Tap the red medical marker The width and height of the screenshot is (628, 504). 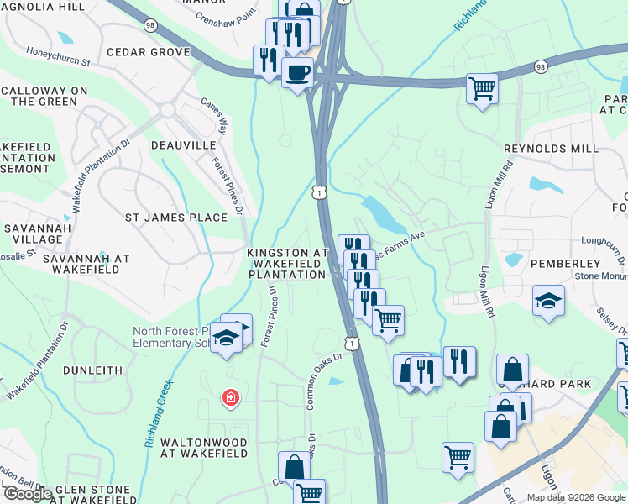point(228,397)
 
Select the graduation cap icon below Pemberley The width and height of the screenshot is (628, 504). point(548,301)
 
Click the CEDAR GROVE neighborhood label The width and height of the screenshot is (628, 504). point(149,52)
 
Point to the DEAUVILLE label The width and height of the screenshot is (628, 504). point(184,145)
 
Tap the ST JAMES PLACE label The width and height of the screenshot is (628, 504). point(176,218)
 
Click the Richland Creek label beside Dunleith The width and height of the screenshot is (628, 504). point(160,412)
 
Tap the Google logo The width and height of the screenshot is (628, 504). point(28,494)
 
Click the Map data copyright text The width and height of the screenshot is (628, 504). point(576,497)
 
